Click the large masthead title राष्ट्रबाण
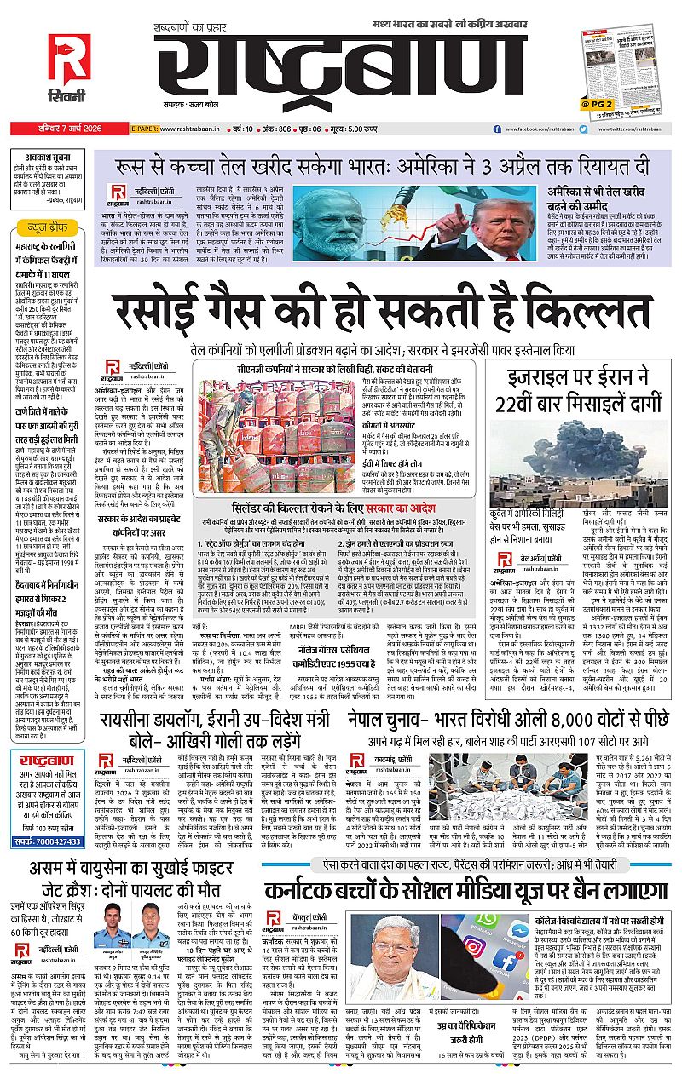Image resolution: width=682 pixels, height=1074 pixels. pos(328,68)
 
